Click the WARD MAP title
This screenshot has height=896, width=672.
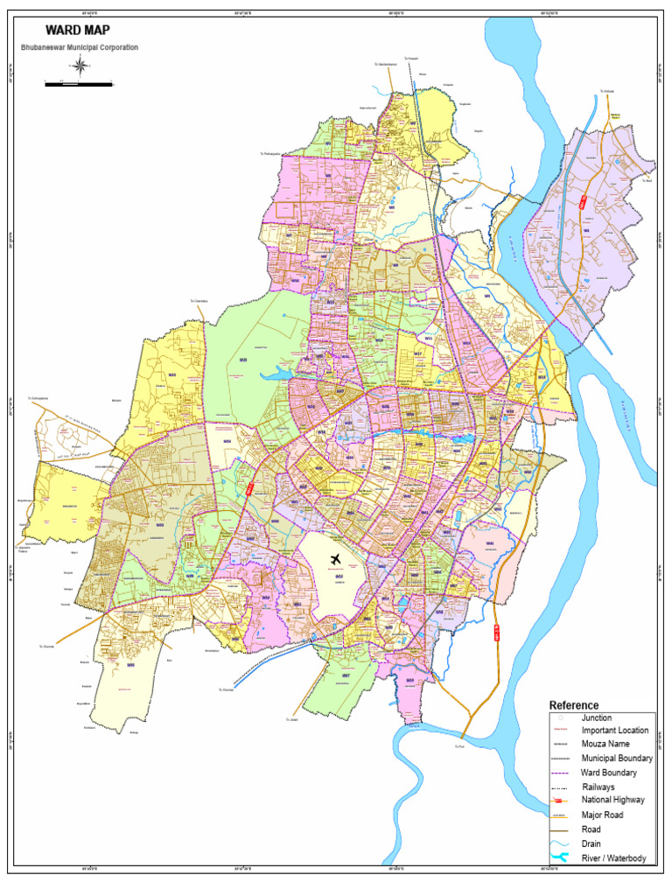[78, 30]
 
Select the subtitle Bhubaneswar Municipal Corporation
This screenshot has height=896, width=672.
[80, 47]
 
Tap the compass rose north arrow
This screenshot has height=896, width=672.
[80, 66]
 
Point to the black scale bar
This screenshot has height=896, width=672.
[79, 84]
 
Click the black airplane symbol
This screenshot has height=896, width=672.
[336, 558]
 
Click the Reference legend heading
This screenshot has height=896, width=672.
[574, 705]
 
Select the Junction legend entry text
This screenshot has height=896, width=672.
[597, 717]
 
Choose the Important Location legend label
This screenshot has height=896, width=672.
[615, 731]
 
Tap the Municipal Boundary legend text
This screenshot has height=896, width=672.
[617, 758]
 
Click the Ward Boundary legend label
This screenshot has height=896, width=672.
[609, 773]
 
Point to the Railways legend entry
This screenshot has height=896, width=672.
[598, 787]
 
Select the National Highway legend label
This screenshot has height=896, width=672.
[613, 800]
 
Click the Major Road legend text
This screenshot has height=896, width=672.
[603, 815]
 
